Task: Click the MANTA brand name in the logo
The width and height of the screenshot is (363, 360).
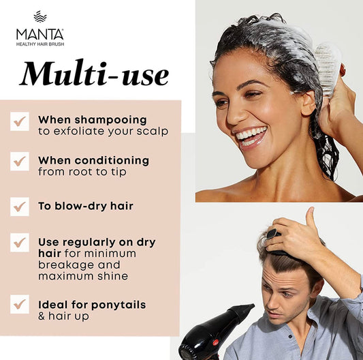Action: (40, 34)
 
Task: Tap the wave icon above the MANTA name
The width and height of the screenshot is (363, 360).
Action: (40, 16)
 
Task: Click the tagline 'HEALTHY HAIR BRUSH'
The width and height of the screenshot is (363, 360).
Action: (40, 44)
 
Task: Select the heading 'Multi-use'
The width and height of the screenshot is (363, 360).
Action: (94, 74)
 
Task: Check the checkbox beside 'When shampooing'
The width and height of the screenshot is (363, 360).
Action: (20, 121)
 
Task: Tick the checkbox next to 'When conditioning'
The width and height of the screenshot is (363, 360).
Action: (20, 162)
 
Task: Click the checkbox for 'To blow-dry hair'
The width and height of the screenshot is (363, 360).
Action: (20, 207)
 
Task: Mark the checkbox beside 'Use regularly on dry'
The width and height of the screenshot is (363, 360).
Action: (20, 243)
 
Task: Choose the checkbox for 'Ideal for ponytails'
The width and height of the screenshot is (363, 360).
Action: (20, 304)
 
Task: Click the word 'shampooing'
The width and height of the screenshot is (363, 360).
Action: (110, 121)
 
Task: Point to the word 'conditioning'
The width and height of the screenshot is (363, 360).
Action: (112, 161)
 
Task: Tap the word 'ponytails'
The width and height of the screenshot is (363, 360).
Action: (119, 305)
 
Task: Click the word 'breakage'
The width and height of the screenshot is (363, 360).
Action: (67, 265)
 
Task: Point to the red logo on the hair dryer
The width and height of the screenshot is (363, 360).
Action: (216, 342)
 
